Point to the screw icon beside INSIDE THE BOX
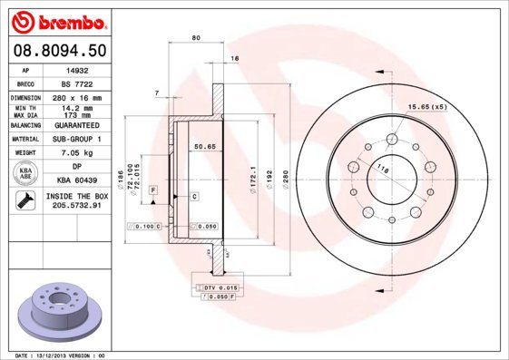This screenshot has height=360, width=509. tap(20, 200)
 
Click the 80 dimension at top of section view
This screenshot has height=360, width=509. tap(196, 38)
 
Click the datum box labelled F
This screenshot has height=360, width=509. tap(154, 188)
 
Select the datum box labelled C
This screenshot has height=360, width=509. tap(194, 196)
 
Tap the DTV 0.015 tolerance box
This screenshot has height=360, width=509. tap(216, 287)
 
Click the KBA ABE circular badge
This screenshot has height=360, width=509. tap(26, 172)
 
